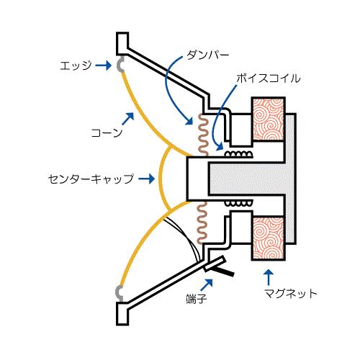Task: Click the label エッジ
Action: [76, 66]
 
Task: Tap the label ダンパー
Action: [208, 55]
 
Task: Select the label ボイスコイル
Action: [269, 78]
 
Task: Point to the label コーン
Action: [107, 132]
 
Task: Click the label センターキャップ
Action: [91, 179]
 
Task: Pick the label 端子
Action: [197, 299]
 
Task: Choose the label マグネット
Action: [291, 293]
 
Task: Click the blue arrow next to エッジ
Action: [104, 66]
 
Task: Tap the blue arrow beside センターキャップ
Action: [147, 179]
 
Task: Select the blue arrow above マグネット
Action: [269, 277]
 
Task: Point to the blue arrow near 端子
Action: [207, 285]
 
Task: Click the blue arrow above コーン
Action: [127, 119]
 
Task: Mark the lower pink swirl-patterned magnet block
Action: [269, 238]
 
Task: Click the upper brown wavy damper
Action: [203, 135]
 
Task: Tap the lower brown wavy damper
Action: [202, 222]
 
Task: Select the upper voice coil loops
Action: [238, 154]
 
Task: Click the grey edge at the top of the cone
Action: [120, 65]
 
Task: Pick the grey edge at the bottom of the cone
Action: [119, 293]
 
